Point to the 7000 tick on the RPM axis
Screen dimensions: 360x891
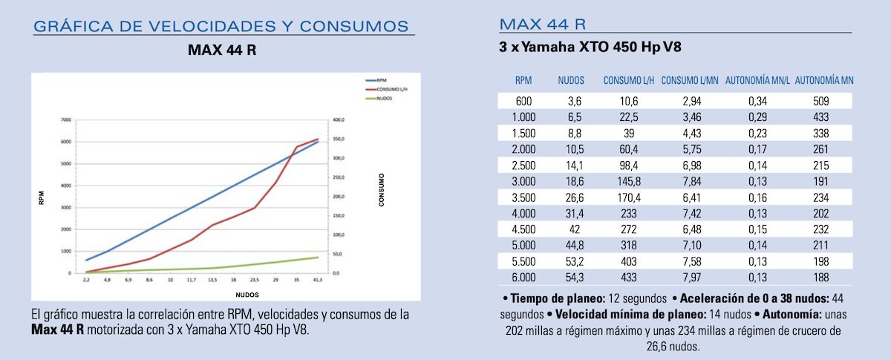click(x=65, y=120)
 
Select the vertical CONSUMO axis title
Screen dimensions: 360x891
click(x=382, y=190)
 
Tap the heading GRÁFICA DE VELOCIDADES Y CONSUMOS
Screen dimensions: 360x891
click(x=221, y=27)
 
